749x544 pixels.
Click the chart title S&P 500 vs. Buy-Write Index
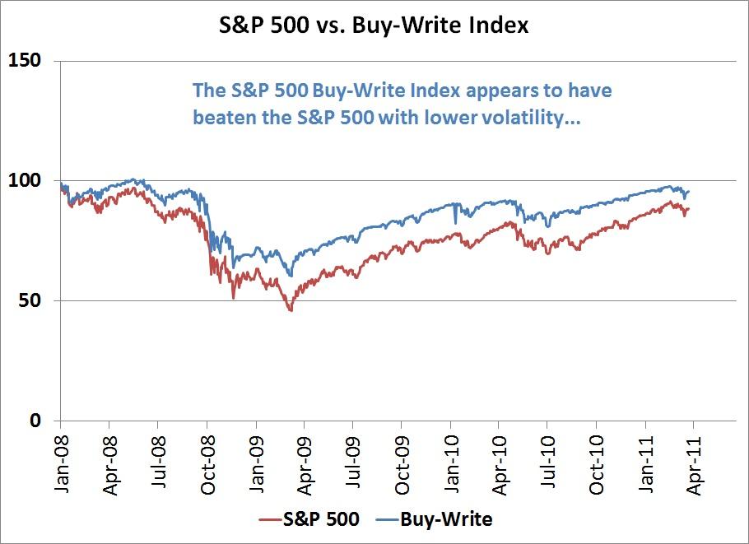point(375,25)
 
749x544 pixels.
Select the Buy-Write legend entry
point(445,519)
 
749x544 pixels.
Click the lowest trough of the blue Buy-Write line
point(290,276)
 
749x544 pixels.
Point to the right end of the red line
point(688,208)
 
